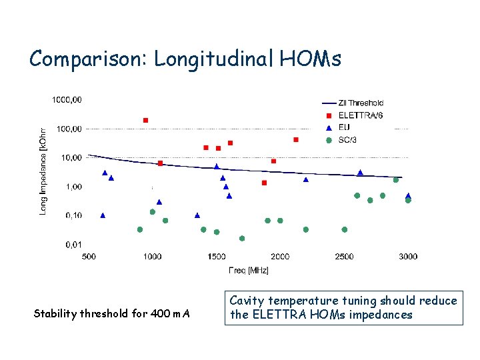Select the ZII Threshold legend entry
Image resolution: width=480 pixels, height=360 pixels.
[360, 103]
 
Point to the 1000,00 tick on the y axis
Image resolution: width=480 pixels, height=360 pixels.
[67, 99]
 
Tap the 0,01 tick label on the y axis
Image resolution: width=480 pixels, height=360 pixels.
[73, 245]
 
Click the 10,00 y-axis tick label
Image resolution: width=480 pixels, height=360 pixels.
[70, 157]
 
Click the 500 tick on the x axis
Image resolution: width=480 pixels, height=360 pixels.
[88, 256]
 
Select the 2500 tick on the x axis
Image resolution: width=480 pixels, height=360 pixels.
[344, 256]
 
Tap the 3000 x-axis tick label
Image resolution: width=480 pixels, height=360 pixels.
[408, 256]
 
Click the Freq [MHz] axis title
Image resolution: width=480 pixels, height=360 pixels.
[248, 270]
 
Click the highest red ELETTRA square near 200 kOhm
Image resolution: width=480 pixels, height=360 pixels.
[146, 120]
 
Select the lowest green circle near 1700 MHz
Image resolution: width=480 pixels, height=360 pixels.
[242, 238]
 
